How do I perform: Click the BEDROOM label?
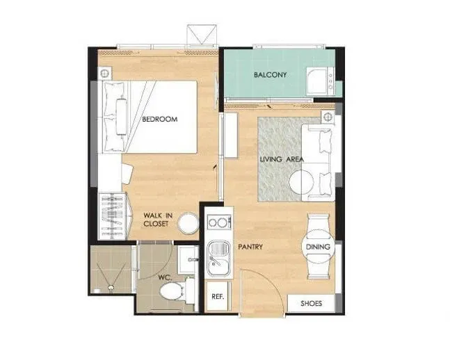(160, 119)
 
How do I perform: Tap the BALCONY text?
(270, 75)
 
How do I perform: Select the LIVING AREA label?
(282, 159)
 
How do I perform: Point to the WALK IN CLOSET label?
(158, 220)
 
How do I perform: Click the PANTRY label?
(250, 247)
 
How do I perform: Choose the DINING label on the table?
(318, 247)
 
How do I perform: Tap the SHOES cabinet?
(311, 303)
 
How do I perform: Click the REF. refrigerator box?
(218, 296)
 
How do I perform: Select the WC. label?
(165, 277)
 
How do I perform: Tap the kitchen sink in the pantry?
(218, 259)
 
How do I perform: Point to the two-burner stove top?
(219, 222)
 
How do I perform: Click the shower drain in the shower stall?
(111, 287)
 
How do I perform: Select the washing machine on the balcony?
(321, 81)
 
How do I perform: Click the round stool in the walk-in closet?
(188, 222)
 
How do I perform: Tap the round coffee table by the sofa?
(301, 182)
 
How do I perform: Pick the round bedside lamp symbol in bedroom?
(104, 74)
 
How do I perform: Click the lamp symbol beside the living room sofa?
(328, 117)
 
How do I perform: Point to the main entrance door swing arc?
(268, 281)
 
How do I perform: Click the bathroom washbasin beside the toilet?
(188, 259)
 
